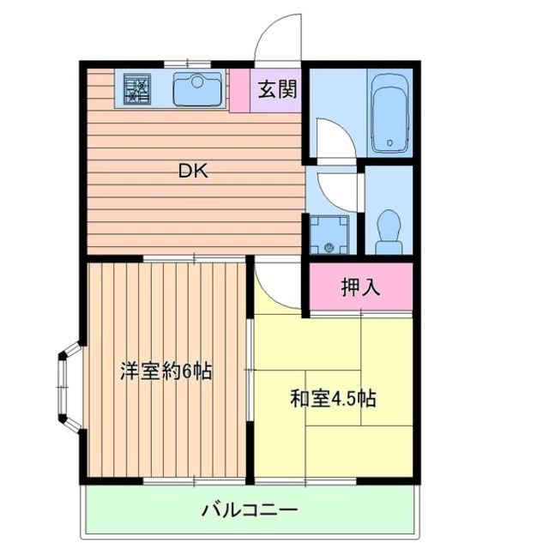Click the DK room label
193,170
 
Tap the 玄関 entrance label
276,88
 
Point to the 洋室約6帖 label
166,372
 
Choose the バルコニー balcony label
250,510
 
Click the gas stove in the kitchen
137,88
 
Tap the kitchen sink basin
198,88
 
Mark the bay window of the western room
69,387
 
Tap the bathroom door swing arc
330,137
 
